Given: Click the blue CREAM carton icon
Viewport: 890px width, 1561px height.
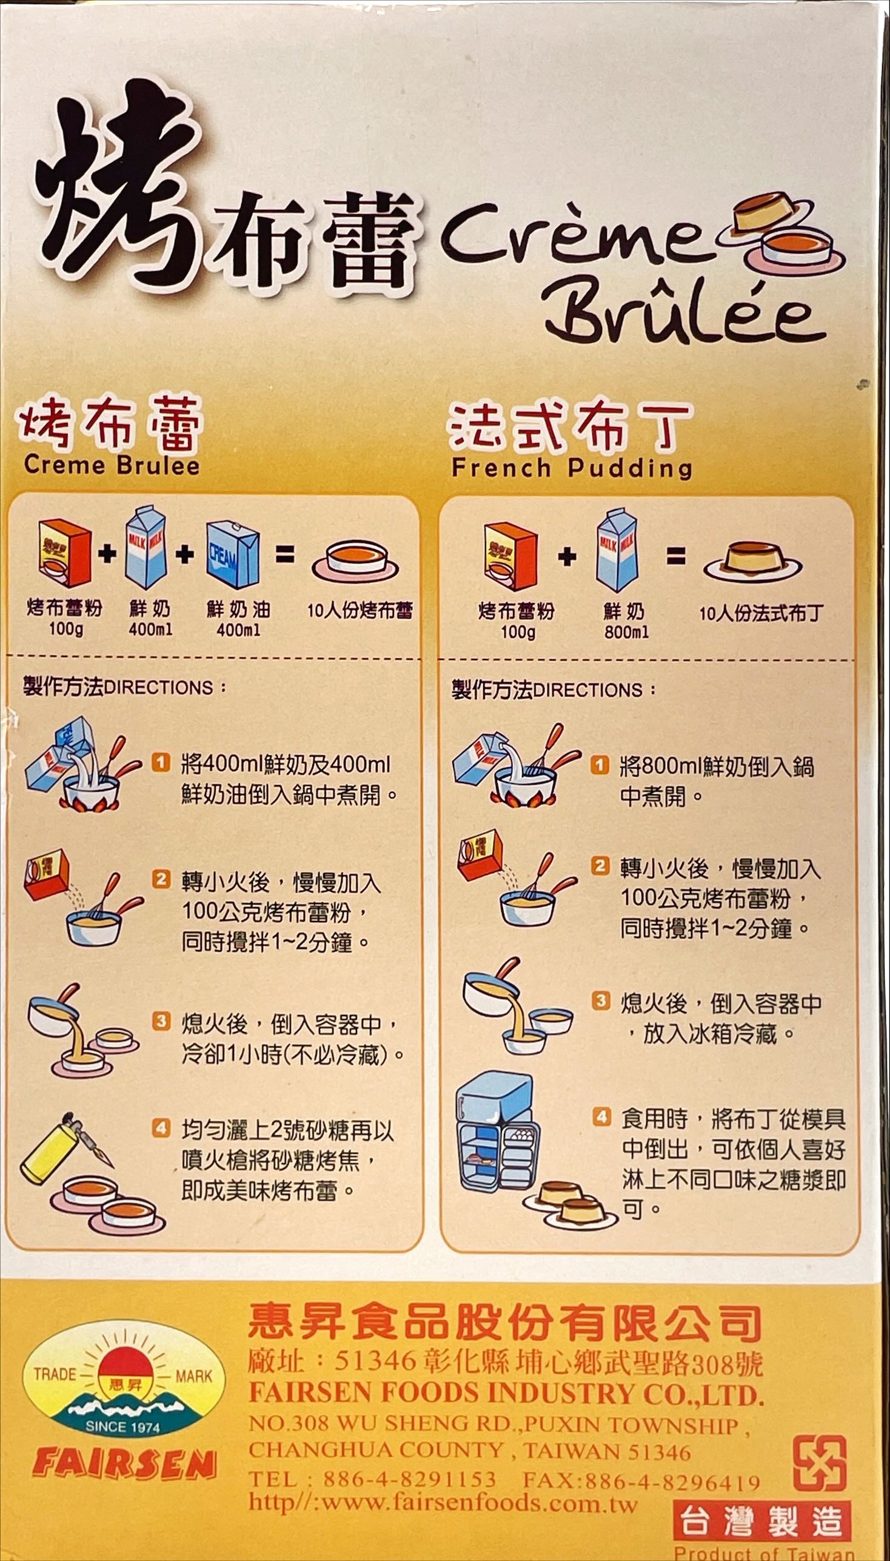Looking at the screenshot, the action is click(233, 554).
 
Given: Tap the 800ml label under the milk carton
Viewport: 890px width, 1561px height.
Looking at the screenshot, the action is click(626, 631).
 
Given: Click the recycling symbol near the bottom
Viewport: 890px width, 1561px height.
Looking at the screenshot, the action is click(819, 1463).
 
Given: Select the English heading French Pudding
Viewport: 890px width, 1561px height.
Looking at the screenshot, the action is click(572, 468).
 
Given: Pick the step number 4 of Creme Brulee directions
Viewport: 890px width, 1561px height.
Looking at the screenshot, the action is click(161, 1128).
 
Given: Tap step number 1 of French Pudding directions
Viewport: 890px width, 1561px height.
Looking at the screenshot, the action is click(600, 764).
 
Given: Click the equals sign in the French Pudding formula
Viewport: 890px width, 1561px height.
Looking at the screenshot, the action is click(675, 556).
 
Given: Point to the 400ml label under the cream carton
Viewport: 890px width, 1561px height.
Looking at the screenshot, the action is click(238, 629).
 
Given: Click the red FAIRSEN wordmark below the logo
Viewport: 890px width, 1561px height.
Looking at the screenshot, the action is click(125, 1464).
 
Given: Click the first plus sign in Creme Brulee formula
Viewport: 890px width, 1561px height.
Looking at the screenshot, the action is click(106, 553).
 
